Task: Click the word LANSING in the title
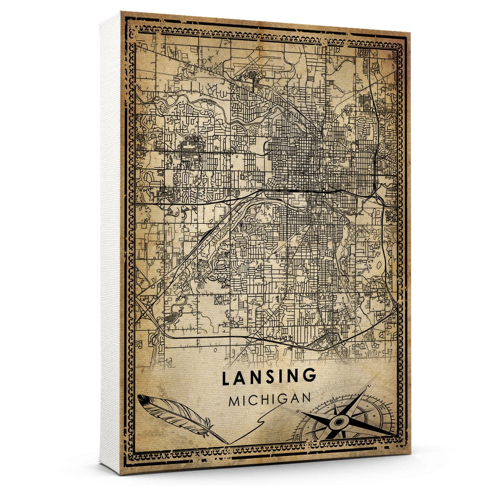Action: click(269, 377)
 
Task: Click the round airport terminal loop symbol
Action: click(254, 75)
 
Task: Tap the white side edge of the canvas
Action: click(109, 243)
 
